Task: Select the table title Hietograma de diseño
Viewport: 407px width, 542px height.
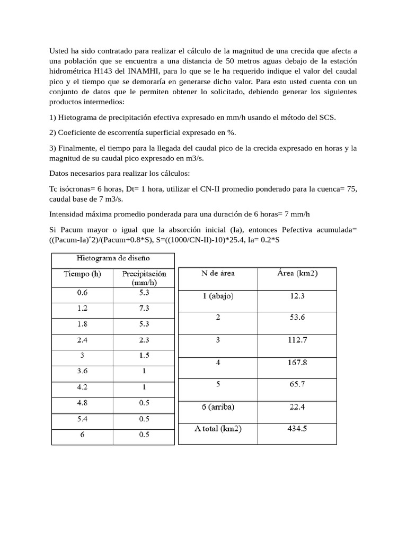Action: [x=113, y=258]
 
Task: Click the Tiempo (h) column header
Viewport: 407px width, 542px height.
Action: [x=82, y=274]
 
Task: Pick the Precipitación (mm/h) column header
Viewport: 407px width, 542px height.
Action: [x=144, y=277]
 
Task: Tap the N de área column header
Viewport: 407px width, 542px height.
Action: [x=218, y=274]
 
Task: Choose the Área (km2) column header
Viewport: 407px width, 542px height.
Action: [x=297, y=274]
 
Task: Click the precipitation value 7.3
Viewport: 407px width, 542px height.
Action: [x=144, y=308]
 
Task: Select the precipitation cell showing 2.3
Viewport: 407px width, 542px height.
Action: [x=144, y=340]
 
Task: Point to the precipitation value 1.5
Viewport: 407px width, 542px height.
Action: [x=144, y=356]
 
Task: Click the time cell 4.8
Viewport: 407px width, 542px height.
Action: [x=82, y=403]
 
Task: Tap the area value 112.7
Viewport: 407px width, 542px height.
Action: [x=297, y=340]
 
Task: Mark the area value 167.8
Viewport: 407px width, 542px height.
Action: [x=297, y=363]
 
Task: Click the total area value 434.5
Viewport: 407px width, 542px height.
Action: [x=297, y=429]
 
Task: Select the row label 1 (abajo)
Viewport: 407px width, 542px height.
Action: [x=218, y=296]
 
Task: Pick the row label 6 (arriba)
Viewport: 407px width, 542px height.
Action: [x=218, y=407]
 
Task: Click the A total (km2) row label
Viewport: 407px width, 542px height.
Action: [x=218, y=429]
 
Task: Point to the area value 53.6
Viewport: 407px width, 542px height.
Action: [x=297, y=318]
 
